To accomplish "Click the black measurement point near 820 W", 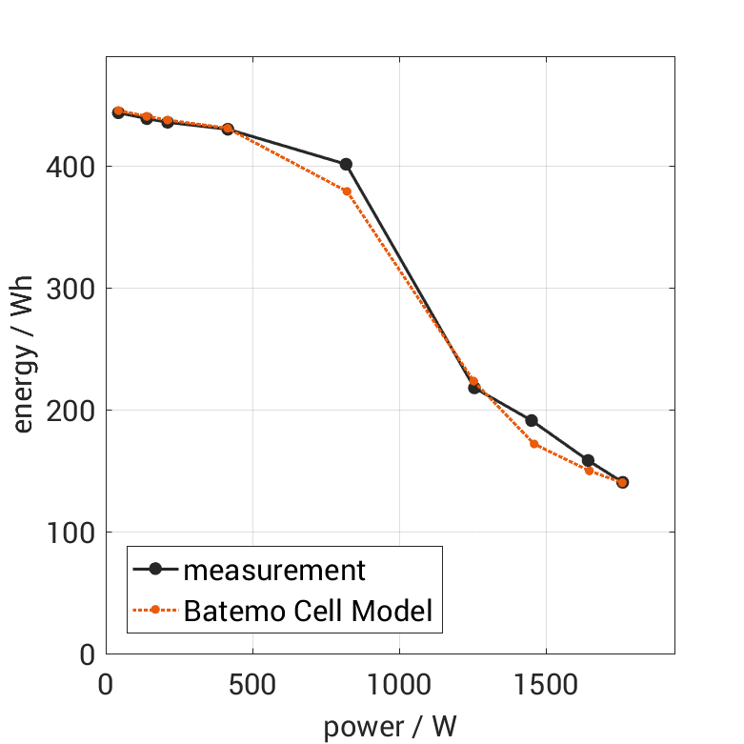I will [x=346, y=164].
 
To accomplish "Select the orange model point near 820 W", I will [x=347, y=191].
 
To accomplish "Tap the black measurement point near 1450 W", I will [x=532, y=420].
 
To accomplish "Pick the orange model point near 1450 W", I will [x=534, y=444].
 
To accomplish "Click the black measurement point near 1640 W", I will [x=588, y=460].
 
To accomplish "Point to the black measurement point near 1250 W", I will [x=473, y=388].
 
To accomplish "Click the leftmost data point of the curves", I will [x=118, y=111].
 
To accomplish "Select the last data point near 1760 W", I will [x=622, y=482].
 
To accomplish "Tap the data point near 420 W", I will [x=228, y=129].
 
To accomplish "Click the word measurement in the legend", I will [x=274, y=571].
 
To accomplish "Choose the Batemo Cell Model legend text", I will [x=308, y=611].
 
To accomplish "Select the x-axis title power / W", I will [x=390, y=727].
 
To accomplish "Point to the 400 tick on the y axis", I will [x=70, y=167].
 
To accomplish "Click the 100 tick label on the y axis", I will [x=70, y=533].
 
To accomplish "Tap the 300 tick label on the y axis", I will [x=70, y=289].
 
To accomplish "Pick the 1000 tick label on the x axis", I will [x=398, y=685].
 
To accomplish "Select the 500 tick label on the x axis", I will [x=252, y=685].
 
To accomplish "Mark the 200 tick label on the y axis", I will [x=70, y=411].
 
